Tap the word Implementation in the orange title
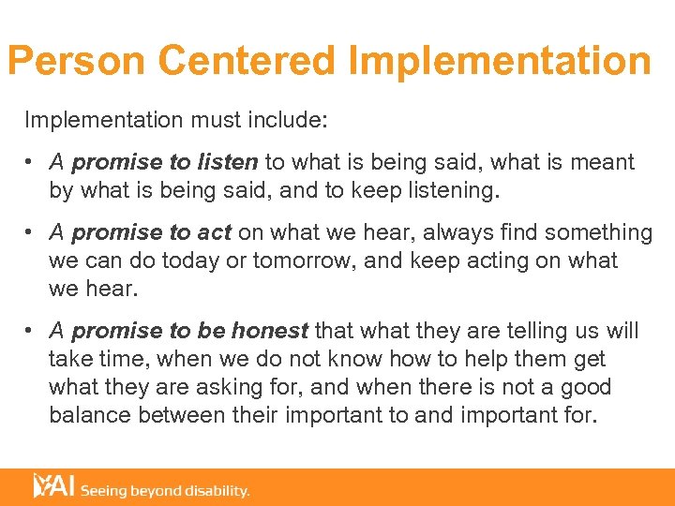[499, 61]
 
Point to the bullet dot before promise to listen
[32, 163]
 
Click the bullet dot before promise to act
[32, 233]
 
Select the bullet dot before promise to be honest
[32, 332]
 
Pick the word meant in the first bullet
[605, 162]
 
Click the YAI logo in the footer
[52, 485]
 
